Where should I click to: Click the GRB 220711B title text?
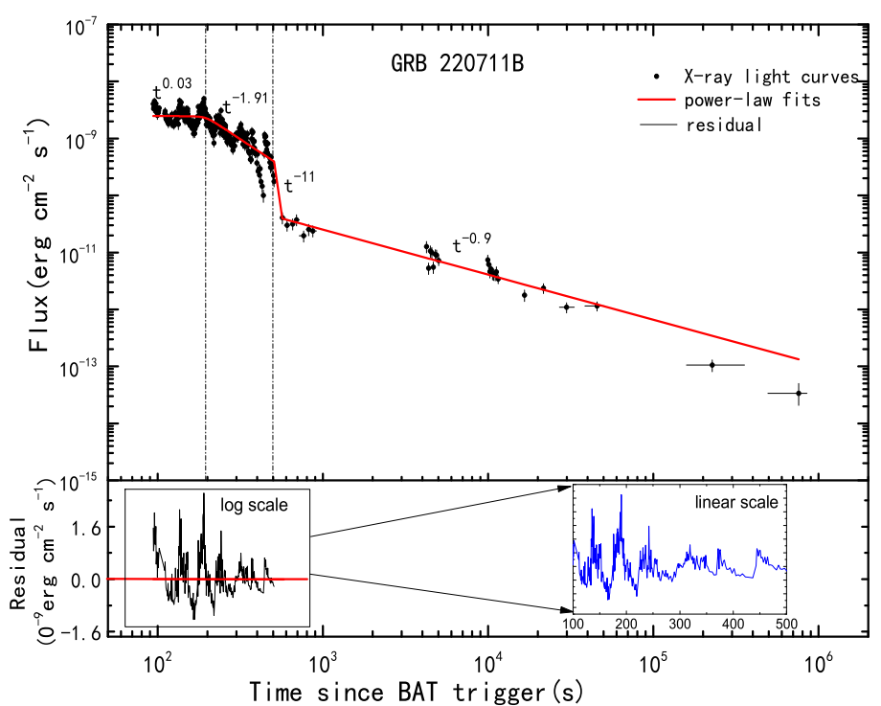click(x=456, y=64)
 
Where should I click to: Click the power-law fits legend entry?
click(x=751, y=100)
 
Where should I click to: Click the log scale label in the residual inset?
click(x=254, y=505)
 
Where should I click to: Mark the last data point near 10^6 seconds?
click(x=799, y=393)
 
